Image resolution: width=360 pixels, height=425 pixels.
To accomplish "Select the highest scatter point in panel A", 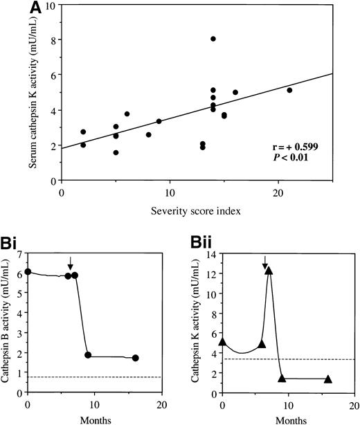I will click(213, 39).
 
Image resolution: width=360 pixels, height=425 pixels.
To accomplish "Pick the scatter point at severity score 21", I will click(289, 90).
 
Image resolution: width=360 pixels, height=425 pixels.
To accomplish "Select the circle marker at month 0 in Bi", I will click(28, 272).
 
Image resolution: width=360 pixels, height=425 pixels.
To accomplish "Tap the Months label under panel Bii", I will click(289, 419).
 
